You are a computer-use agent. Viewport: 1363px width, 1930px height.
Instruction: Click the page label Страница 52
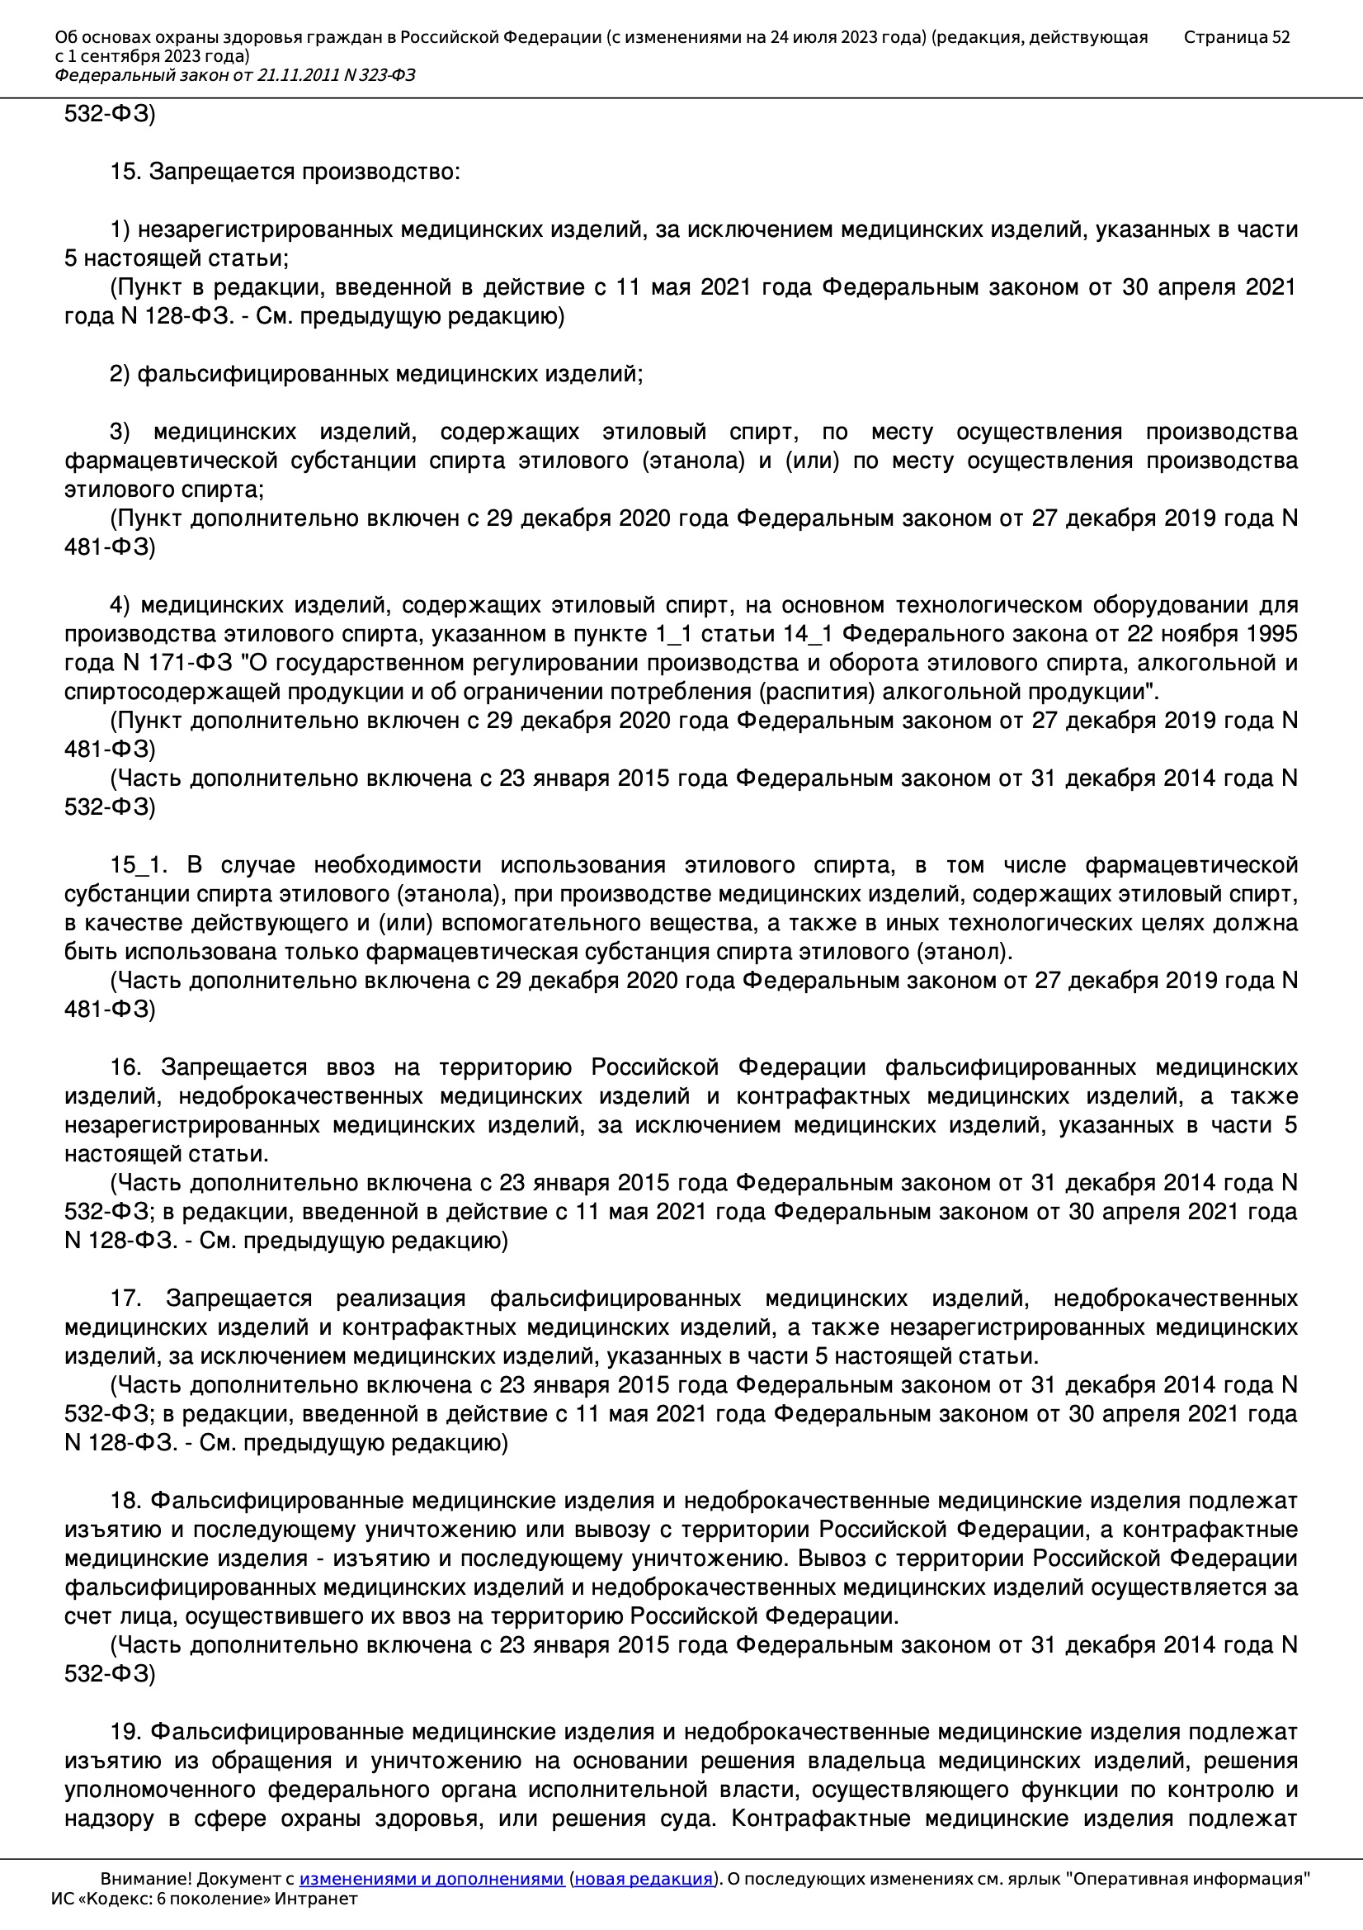[x=1236, y=37]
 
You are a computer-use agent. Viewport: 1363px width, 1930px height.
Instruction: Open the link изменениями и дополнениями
[x=431, y=1879]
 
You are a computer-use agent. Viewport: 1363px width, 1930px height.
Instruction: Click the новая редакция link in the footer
[x=643, y=1879]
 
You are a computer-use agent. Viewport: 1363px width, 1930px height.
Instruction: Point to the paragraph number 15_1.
[x=139, y=865]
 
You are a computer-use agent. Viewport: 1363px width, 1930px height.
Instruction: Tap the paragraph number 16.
[x=125, y=1067]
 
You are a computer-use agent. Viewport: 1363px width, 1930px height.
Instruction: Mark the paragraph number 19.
[x=125, y=1732]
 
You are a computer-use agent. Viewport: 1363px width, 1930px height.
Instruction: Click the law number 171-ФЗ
[x=191, y=663]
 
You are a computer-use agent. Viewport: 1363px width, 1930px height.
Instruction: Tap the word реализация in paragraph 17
[x=401, y=1298]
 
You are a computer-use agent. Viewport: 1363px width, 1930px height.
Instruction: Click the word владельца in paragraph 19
[x=867, y=1761]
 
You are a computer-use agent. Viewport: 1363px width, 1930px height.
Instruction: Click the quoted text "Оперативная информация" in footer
[x=1188, y=1879]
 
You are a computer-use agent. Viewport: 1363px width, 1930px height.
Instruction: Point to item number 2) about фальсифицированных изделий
[x=120, y=374]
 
